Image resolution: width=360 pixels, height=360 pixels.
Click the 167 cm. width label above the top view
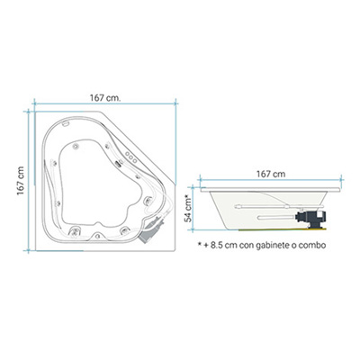click(x=105, y=98)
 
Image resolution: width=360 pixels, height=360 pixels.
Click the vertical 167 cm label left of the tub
click(x=21, y=181)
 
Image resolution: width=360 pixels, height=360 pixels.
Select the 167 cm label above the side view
click(x=271, y=174)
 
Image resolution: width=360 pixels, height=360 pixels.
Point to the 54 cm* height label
click(x=188, y=208)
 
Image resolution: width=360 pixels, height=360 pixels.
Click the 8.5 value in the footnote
click(x=216, y=245)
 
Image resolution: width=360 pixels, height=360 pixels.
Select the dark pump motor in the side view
click(x=310, y=219)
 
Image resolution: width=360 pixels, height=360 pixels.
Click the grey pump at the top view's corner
click(x=151, y=229)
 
